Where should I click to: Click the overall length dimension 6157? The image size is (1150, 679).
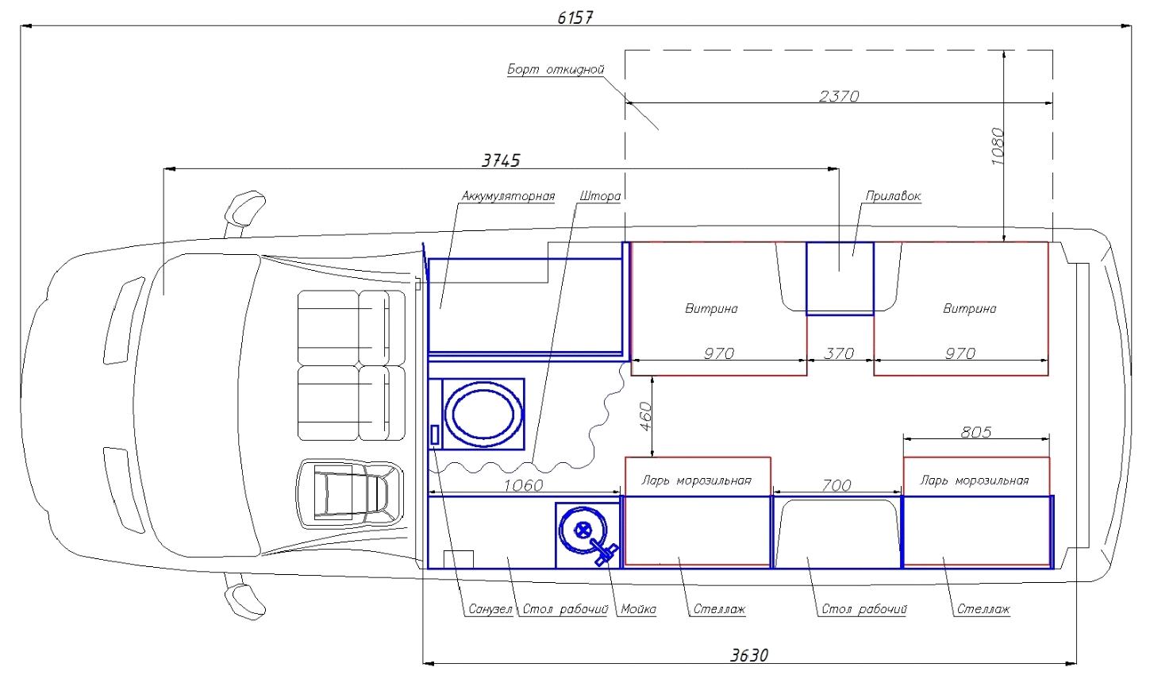coord(575,18)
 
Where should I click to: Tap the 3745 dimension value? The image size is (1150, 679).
coord(501,160)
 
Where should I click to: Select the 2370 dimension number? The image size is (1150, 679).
coord(839,96)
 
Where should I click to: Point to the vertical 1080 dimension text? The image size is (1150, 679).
coord(997,146)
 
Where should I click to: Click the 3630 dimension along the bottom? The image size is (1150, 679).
coord(749,655)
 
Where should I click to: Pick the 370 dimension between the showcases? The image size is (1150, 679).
coord(839,353)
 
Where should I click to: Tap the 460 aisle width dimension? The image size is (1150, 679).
coord(645,417)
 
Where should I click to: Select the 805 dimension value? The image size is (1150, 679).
coord(976,432)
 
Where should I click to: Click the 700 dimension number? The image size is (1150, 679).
coord(837,485)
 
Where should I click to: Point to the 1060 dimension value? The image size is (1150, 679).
coord(523,485)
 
